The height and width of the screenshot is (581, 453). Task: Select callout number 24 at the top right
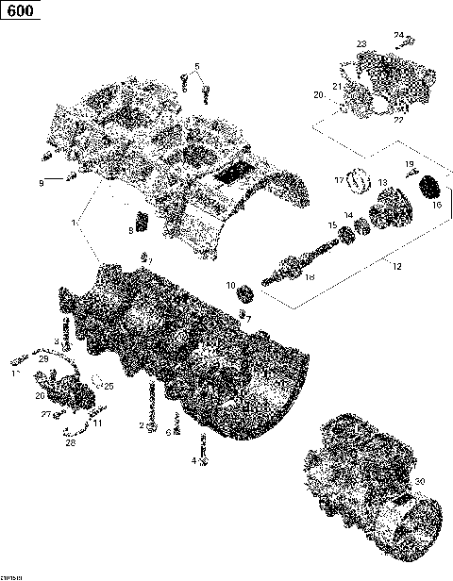pos(398,35)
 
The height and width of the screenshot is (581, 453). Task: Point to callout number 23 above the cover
pos(361,44)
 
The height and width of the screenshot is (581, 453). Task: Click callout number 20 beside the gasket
pos(319,94)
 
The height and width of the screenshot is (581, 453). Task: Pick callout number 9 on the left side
pos(42,183)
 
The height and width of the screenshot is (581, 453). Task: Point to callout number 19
pos(410,165)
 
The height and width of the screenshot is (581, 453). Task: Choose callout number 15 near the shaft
pos(331,224)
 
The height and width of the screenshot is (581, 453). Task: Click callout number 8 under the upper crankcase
pos(131,230)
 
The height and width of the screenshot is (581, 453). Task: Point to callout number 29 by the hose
pos(43,359)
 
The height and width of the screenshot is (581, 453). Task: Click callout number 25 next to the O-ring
pos(109,386)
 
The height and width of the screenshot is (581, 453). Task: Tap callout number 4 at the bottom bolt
pos(193,460)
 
